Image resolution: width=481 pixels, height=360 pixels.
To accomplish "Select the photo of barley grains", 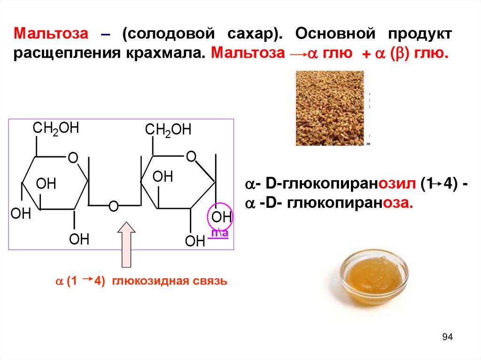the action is (x=330, y=107).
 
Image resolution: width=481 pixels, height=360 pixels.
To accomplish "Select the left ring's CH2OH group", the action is (x=55, y=129).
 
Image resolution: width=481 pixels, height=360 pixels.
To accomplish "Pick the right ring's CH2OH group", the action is (x=168, y=130).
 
